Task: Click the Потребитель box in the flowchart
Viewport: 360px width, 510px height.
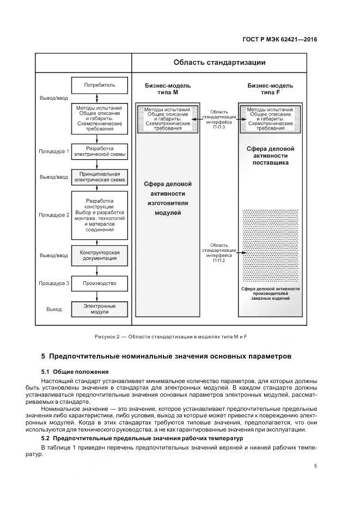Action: pos(100,86)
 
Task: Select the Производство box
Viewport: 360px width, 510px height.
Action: pos(100,283)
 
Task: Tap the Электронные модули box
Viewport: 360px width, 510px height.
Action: pos(100,309)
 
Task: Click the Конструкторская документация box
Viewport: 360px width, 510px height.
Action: pos(100,255)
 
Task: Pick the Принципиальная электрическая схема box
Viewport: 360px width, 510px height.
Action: pos(100,177)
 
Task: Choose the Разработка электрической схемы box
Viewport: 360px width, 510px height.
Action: pos(100,151)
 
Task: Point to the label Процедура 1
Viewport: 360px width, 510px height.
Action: pos(54,151)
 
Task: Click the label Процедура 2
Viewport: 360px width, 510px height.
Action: pos(54,215)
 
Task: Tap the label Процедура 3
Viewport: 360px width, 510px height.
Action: pos(54,283)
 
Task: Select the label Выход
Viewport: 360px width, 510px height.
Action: pos(54,309)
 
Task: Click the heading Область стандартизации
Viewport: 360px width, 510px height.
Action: pos(219,62)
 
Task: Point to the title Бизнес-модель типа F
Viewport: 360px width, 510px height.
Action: pos(271,89)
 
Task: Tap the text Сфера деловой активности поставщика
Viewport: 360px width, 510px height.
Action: pos(271,155)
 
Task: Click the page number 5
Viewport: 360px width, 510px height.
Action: pos(316,466)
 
